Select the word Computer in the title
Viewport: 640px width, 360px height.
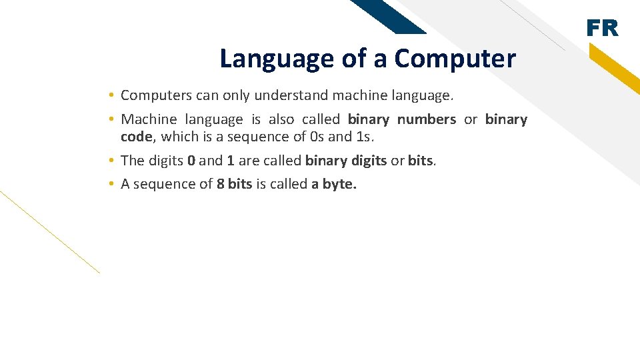pyautogui.click(x=455, y=59)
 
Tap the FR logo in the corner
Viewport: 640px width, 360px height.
pyautogui.click(x=602, y=28)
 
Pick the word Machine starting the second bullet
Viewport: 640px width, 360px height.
pyautogui.click(x=149, y=119)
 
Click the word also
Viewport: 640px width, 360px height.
pyautogui.click(x=281, y=119)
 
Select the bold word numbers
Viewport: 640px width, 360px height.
pyautogui.click(x=427, y=119)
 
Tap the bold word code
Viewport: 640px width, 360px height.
pyautogui.click(x=136, y=137)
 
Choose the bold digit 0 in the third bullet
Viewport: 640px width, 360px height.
pyautogui.click(x=191, y=161)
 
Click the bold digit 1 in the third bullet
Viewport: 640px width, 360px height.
pyautogui.click(x=231, y=161)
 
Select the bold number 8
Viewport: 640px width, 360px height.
pyautogui.click(x=220, y=185)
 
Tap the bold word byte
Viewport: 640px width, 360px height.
pyautogui.click(x=339, y=185)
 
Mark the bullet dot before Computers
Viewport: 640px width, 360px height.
pyautogui.click(x=113, y=95)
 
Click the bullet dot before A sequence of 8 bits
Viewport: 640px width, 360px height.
pyautogui.click(x=113, y=185)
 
